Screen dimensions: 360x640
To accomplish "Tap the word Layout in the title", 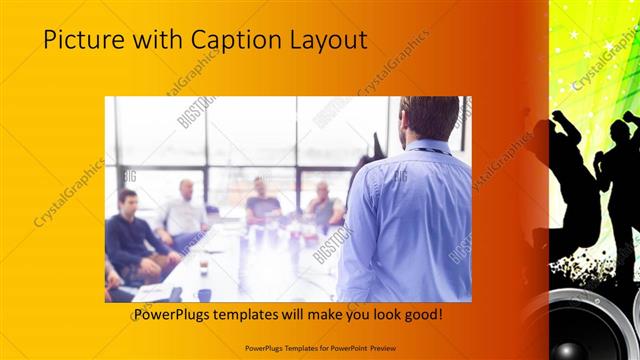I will point(328,41).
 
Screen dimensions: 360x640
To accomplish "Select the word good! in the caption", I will point(422,315).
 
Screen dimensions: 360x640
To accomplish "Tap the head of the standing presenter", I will point(420,117).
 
